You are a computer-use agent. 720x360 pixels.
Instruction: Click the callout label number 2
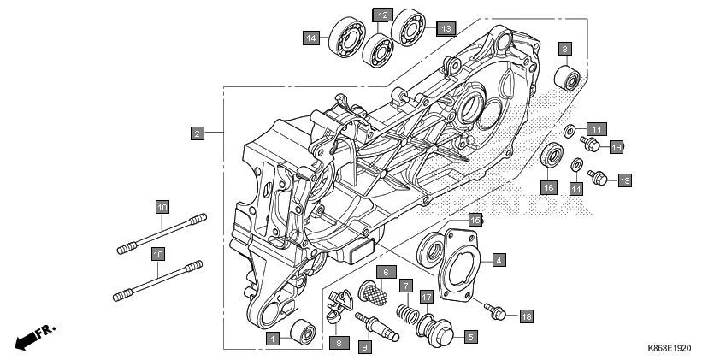[197, 133]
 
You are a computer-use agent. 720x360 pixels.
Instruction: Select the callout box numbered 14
[311, 38]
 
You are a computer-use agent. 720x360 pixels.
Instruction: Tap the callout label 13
[445, 28]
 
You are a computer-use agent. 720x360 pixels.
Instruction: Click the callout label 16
[548, 186]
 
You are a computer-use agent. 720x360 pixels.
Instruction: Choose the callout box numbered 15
[475, 219]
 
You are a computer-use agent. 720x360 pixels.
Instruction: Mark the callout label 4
[498, 257]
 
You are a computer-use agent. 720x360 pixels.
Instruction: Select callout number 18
[526, 316]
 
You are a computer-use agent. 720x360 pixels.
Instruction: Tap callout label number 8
[338, 342]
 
